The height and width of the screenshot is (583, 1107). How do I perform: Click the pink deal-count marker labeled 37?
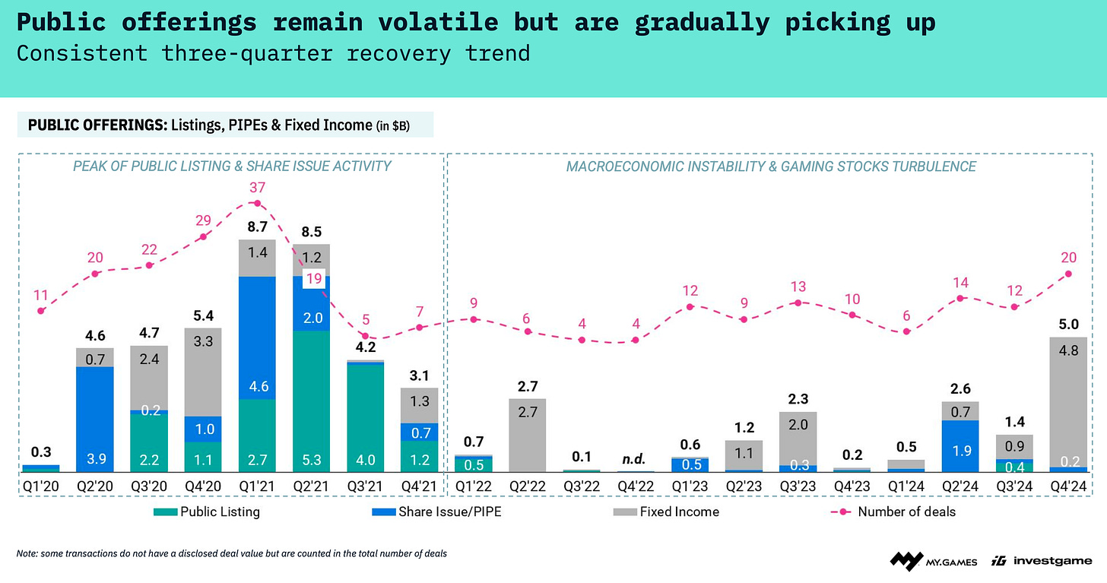257,203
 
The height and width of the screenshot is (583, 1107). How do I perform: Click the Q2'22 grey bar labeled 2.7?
527,435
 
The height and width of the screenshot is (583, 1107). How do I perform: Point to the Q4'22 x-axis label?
635,483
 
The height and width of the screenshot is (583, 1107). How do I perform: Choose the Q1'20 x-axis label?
41,483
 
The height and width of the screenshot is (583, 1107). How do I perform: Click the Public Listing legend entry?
211,512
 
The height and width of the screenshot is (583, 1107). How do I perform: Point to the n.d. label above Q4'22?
635,458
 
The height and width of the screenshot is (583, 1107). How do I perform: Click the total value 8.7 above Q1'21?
257,227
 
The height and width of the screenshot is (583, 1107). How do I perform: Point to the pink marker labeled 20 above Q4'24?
1069,274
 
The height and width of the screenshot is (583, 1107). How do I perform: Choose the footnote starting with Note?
231,553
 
